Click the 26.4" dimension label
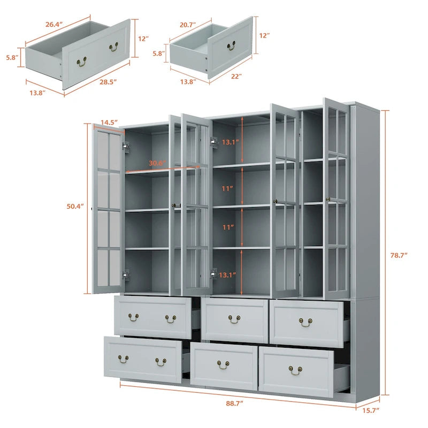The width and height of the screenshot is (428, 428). [x=54, y=24]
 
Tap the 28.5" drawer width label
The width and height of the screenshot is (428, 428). [x=108, y=82]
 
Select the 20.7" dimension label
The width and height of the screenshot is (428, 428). [x=188, y=25]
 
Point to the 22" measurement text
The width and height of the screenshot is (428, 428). [x=236, y=77]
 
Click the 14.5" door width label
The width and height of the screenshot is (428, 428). [x=109, y=123]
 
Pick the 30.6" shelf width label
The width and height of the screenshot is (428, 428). [x=157, y=163]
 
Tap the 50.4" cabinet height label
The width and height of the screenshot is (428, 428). [x=75, y=206]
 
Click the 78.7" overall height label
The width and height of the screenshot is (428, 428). [x=399, y=255]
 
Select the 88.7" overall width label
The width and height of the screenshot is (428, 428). [x=234, y=403]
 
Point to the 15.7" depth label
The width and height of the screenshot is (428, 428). [x=371, y=410]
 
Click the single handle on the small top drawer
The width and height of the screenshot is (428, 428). [x=231, y=46]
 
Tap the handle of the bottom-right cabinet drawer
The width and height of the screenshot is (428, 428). [x=296, y=371]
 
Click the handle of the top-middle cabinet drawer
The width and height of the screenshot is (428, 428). [x=234, y=319]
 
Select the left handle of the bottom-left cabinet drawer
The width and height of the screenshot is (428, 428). [x=124, y=359]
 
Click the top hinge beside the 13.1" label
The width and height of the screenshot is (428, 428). [x=214, y=143]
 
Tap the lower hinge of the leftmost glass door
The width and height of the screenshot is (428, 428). [x=126, y=275]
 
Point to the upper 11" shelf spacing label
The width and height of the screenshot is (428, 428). [x=227, y=188]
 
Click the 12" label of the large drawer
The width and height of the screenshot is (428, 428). [x=143, y=39]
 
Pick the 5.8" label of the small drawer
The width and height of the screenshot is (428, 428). [x=158, y=53]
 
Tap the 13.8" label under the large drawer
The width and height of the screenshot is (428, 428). [x=37, y=93]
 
